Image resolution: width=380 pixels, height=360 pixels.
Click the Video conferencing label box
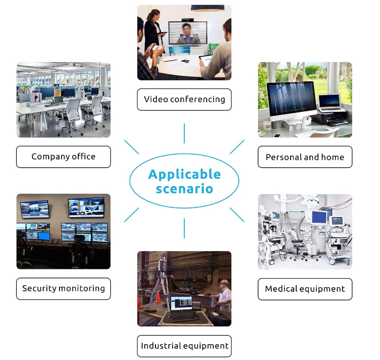pos(184,99)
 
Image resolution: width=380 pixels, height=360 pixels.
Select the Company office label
pos(64,157)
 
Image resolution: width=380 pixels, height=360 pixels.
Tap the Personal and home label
pos(305,157)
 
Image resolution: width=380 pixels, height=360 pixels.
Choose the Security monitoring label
pos(64,288)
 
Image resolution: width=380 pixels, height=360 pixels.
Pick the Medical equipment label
pos(305,289)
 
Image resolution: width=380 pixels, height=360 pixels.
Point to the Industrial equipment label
pos(184,346)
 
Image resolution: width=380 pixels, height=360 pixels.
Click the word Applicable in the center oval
pos(184,174)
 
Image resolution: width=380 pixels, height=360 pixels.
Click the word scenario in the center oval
pos(184,189)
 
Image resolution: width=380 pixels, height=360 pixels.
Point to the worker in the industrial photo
pos(223,297)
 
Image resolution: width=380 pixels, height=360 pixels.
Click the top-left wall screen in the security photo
pos(35,207)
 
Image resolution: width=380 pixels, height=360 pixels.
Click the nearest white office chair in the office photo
pos(72,115)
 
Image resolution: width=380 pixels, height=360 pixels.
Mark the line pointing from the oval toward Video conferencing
pos(184,133)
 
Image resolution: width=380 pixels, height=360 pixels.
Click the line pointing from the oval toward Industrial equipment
pos(184,230)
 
